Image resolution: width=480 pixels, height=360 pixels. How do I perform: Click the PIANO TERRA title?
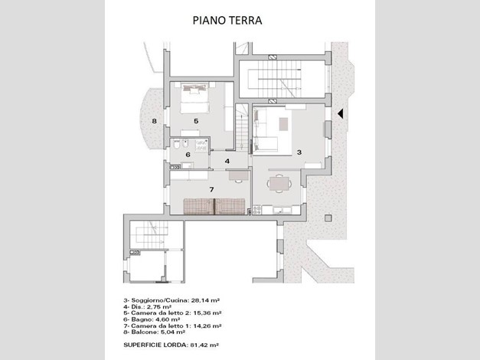[227, 20]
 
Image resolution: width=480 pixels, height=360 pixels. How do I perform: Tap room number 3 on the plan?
[299, 152]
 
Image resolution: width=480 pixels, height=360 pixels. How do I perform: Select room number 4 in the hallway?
[227, 161]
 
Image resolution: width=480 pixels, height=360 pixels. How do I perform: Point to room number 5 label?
[196, 121]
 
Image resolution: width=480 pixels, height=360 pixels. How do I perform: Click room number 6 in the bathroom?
[188, 155]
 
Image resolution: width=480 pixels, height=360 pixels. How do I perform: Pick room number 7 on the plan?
[211, 190]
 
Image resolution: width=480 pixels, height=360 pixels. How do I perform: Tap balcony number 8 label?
[155, 121]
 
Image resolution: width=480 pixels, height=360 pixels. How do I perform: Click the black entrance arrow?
[340, 113]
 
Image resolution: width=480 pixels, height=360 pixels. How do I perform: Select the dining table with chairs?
[279, 184]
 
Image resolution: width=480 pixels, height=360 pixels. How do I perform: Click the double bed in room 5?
[194, 98]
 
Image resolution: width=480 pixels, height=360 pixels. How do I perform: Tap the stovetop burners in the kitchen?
[256, 210]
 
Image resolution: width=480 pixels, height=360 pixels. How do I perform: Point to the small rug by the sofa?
[283, 124]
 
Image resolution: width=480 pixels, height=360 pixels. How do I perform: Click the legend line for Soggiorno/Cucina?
[171, 300]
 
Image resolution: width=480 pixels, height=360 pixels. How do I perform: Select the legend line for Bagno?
[152, 319]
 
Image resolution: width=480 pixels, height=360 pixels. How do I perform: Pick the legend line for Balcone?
[155, 332]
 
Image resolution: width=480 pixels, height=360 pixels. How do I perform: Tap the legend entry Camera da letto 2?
[172, 313]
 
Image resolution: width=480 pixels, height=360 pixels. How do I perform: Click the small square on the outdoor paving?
[328, 218]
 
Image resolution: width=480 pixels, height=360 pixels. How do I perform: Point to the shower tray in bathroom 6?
[202, 145]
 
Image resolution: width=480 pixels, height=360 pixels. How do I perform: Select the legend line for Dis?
[147, 306]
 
